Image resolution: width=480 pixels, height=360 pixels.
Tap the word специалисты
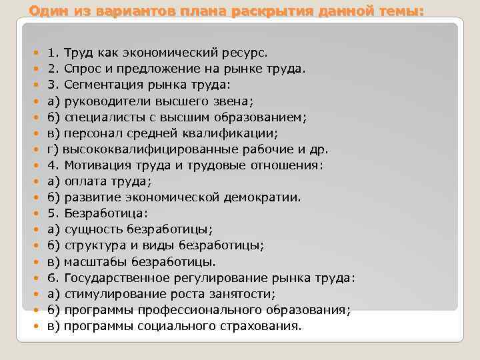(100, 117)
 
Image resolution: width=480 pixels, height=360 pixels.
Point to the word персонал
(88, 133)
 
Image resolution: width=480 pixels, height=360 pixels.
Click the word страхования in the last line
(266, 326)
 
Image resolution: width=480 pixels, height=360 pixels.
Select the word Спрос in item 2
(80, 69)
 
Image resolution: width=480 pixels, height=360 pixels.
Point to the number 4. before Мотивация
(53, 165)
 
